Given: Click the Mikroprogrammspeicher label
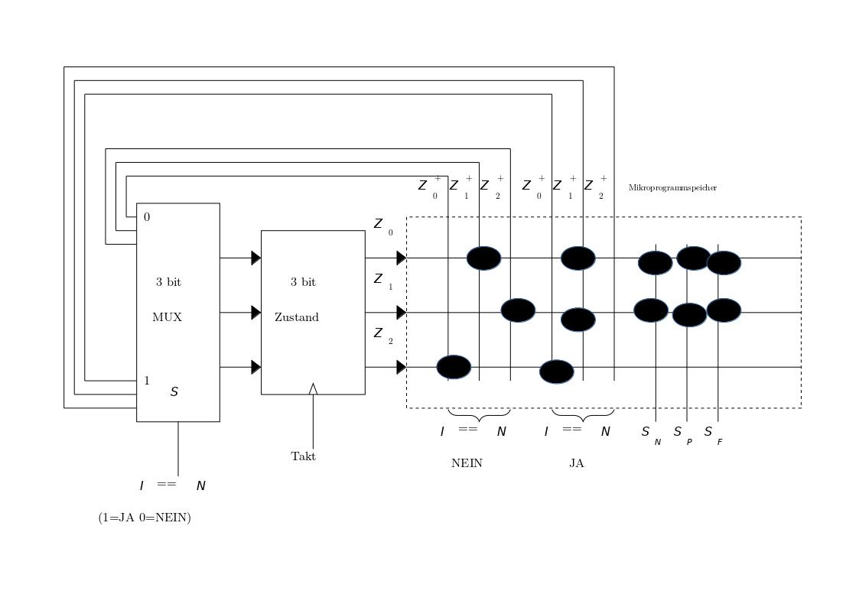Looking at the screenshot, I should pos(672,187).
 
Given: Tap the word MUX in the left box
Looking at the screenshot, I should pos(168,317).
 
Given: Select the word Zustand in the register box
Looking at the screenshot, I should pos(297,317).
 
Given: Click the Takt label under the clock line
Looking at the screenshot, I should pos(303,456).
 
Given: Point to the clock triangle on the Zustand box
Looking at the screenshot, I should pos(313,388).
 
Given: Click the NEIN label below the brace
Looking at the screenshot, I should pos(467,463).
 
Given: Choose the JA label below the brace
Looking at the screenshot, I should pos(577,463).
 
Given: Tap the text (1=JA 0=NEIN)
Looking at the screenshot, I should pos(145,518).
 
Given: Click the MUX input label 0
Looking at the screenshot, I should pos(147,217).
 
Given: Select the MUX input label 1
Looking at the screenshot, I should pos(147,381).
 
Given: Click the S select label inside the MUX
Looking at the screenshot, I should pos(174,392).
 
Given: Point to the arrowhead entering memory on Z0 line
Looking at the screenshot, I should pos(401,258).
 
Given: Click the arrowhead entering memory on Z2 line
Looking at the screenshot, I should pos(401,367).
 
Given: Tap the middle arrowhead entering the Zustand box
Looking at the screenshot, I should pos(256,312).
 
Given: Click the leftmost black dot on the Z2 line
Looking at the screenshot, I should pos(454,367).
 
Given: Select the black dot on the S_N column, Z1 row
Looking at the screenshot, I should pos(651,310).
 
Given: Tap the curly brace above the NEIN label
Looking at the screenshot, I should pos(479,416).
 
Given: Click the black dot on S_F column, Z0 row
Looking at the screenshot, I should pos(724,262).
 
